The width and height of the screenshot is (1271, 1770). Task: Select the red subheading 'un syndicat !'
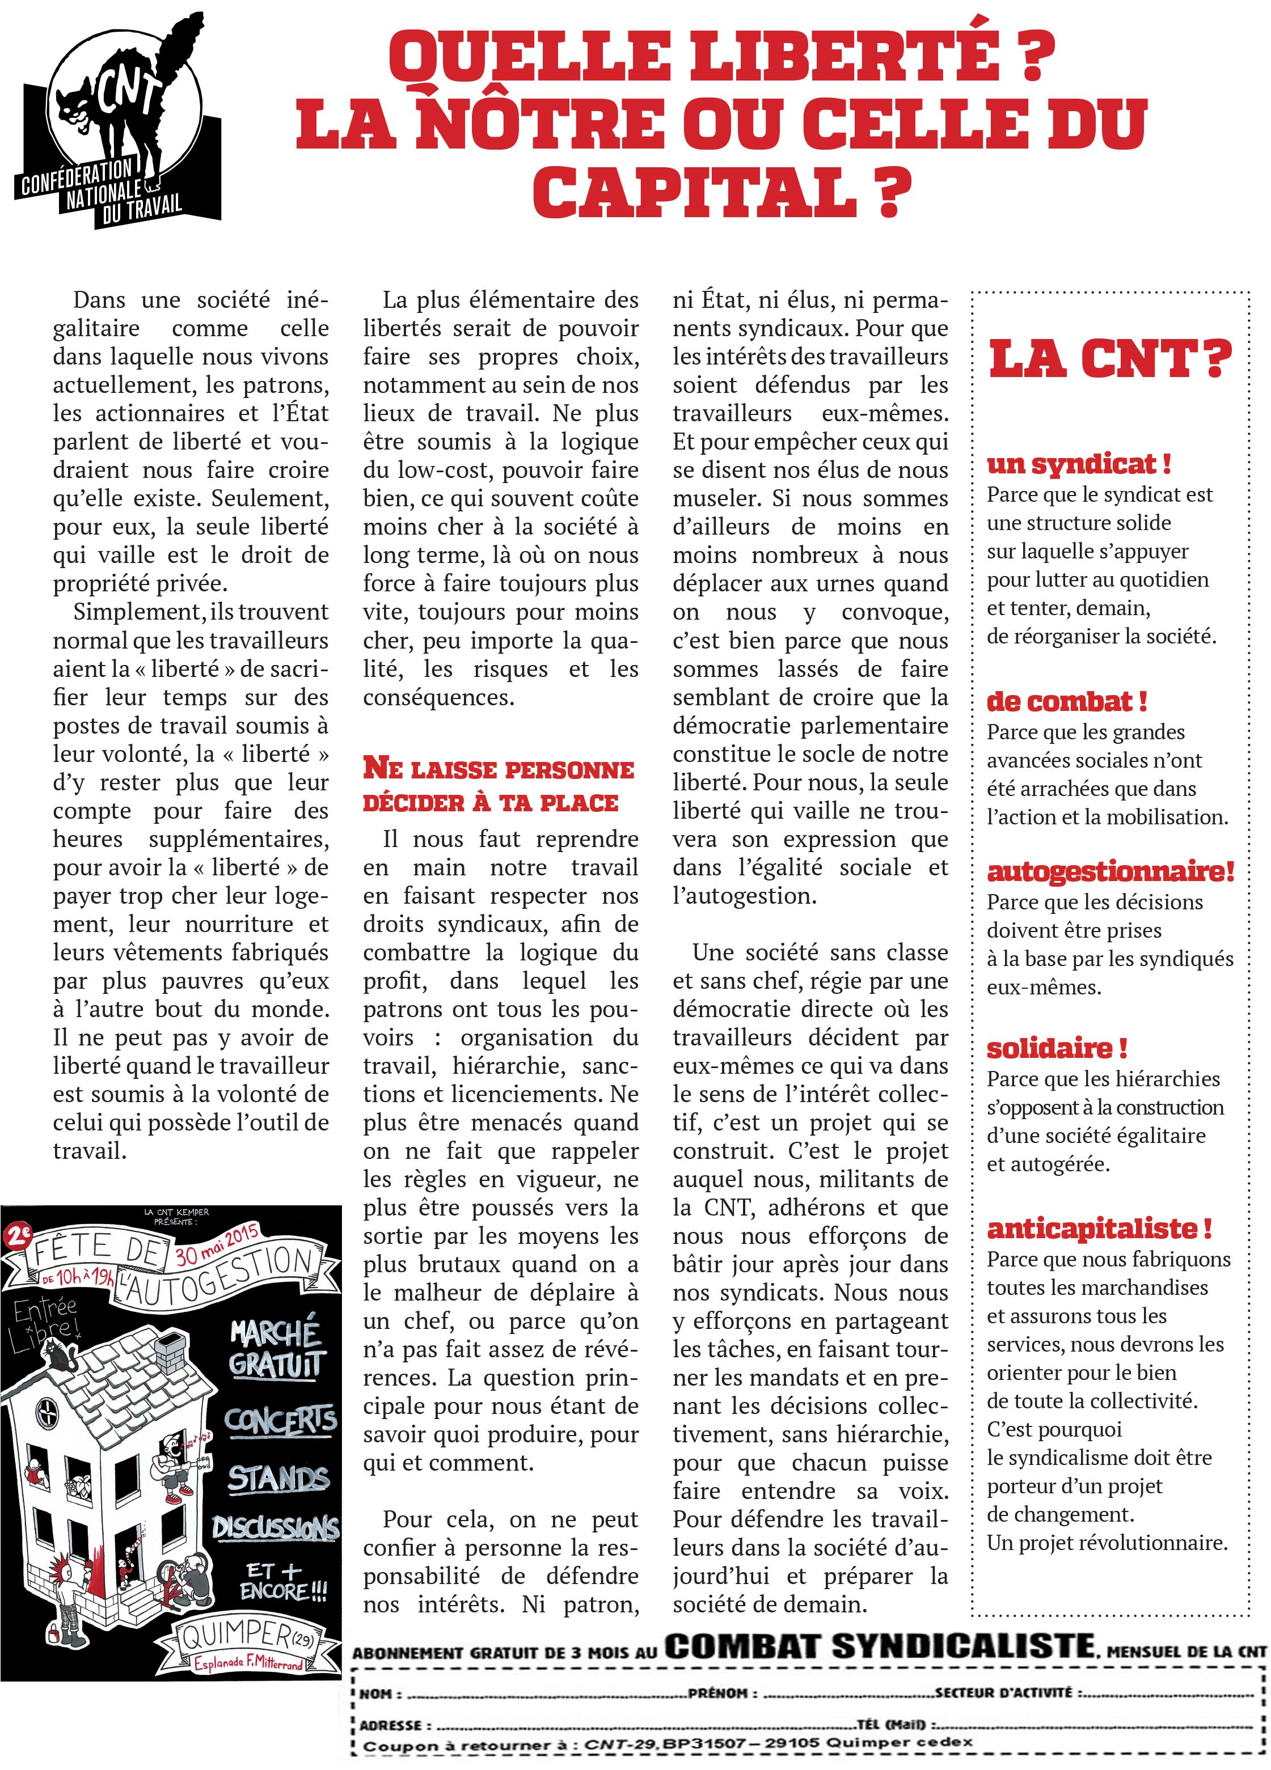1078,464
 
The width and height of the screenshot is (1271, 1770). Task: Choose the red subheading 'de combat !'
1066,701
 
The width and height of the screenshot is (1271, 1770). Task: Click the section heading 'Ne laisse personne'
498,769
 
